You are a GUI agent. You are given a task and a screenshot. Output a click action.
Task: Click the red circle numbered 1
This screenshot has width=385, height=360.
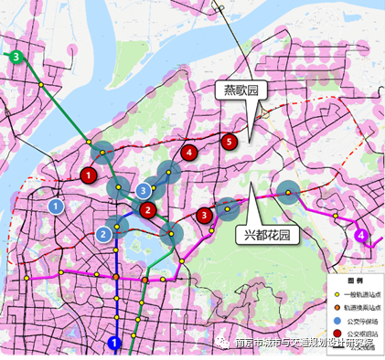89,175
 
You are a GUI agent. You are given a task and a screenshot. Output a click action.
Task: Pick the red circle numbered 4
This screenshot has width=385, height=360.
188,154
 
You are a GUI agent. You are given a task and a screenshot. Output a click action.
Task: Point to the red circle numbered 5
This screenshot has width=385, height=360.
229,141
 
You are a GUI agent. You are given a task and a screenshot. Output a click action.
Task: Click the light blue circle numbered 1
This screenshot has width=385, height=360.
57,206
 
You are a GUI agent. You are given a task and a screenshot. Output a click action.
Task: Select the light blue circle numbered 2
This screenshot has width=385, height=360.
104,234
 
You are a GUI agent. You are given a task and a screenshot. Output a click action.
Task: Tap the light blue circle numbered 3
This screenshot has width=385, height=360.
144,189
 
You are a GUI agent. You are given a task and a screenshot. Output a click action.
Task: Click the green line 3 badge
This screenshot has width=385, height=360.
16,57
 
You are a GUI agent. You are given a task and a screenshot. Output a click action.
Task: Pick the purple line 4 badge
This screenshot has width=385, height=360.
362,236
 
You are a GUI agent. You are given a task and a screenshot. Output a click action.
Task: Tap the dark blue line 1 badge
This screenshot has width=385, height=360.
114,344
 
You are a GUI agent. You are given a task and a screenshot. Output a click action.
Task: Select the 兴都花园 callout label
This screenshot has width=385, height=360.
266,235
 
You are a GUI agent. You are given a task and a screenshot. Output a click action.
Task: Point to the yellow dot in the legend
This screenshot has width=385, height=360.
337,295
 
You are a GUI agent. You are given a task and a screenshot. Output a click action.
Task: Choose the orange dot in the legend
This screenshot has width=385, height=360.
337,308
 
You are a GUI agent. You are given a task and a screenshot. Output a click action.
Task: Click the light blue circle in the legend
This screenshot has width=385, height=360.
337,322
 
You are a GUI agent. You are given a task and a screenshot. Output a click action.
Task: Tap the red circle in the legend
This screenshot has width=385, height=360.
337,334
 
